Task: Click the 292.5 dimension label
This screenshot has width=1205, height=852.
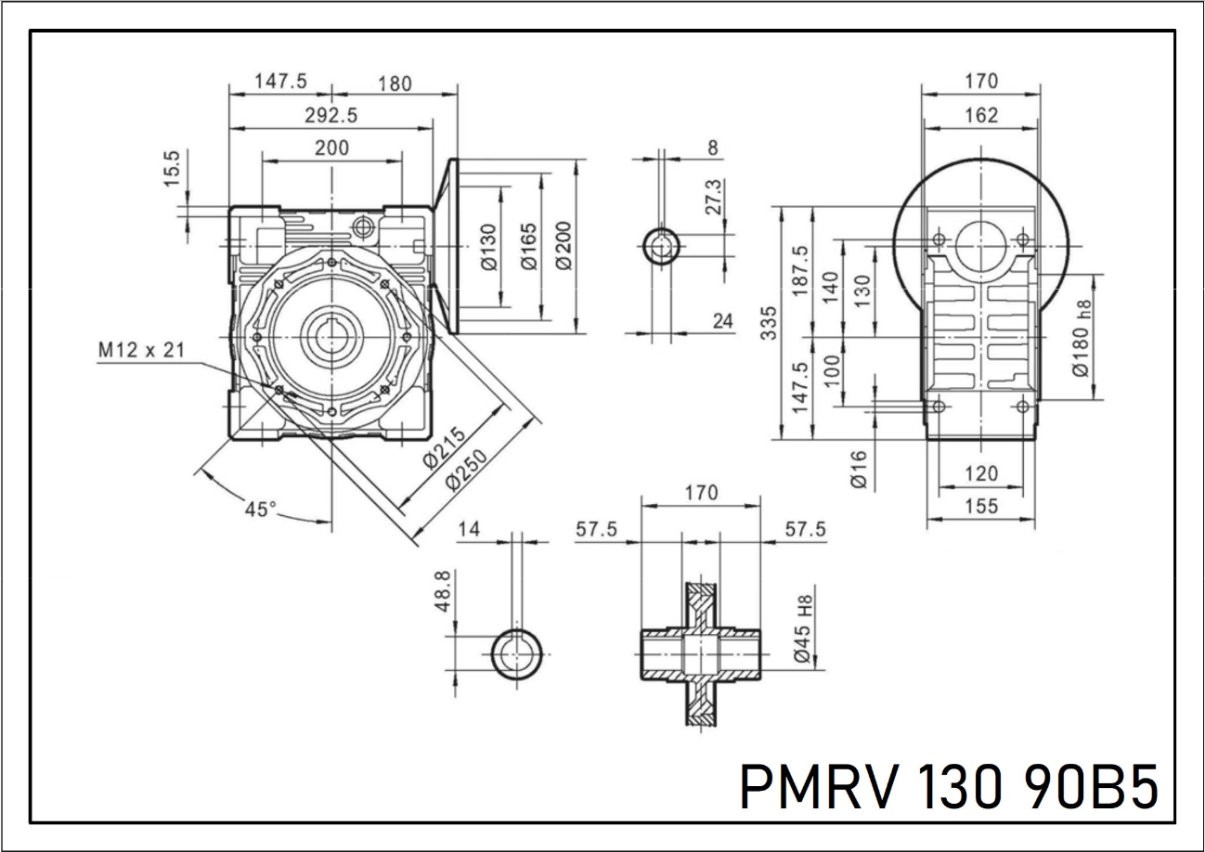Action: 330,115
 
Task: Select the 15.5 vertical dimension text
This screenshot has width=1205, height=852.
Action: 174,169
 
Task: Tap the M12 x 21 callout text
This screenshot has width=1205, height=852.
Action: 141,350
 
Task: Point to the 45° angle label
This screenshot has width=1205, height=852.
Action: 261,509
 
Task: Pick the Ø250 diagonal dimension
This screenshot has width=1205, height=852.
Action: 469,468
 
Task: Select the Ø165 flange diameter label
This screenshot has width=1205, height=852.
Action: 530,247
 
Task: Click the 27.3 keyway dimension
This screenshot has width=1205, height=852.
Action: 714,198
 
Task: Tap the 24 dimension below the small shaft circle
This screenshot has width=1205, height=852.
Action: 723,321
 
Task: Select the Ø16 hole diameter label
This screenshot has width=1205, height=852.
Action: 858,469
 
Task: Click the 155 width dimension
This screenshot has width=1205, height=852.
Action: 980,507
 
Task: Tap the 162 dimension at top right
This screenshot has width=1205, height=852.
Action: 980,115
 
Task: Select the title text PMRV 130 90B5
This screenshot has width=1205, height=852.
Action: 949,787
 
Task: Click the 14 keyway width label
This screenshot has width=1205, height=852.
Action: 470,529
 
